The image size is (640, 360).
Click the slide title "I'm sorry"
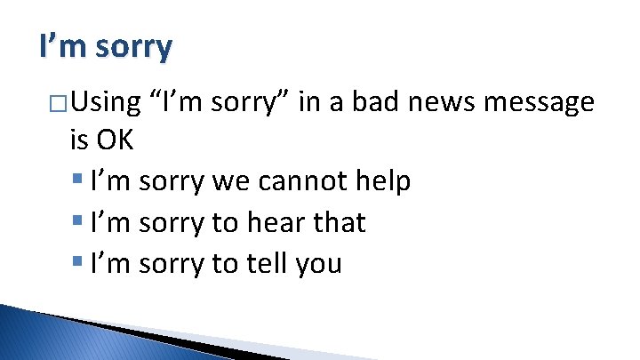(x=106, y=46)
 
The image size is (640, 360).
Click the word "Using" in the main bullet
(x=106, y=103)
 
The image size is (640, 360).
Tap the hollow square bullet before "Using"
(x=59, y=105)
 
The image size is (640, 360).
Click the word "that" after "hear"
(x=340, y=222)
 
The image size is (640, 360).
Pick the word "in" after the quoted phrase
(x=310, y=103)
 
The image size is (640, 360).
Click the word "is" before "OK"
(x=77, y=141)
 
